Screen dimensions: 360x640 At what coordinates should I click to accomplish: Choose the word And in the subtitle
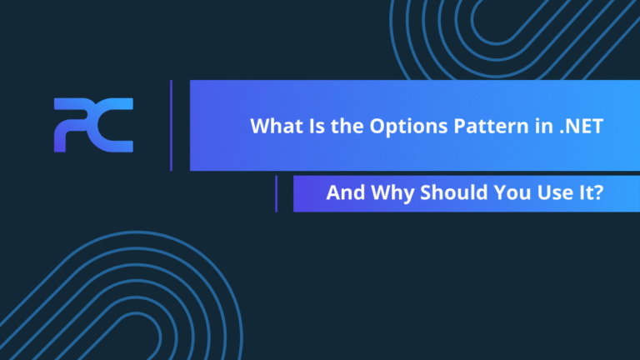pyautogui.click(x=342, y=193)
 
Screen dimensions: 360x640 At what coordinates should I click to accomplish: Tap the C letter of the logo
pyautogui.click(x=116, y=125)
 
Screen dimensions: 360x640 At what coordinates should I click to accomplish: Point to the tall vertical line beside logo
pyautogui.click(x=171, y=125)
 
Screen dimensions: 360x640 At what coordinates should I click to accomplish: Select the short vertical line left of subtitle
pyautogui.click(x=276, y=193)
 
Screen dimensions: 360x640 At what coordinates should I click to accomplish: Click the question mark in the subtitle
pyautogui.click(x=599, y=193)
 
